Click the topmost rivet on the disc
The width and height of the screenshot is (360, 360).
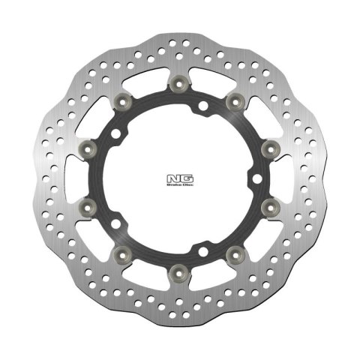(181, 83)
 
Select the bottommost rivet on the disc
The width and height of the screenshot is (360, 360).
(181, 267)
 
